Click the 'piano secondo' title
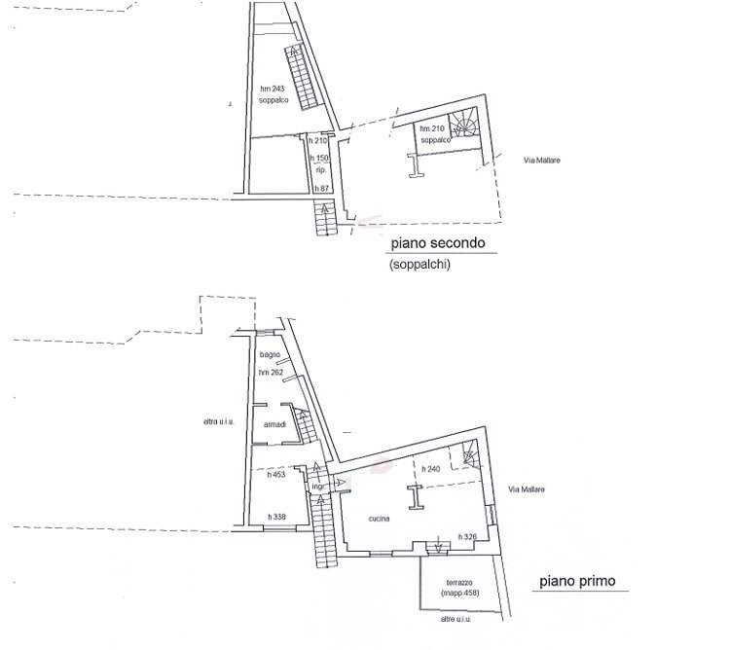click(x=437, y=243)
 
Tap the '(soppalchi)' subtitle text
click(x=420, y=265)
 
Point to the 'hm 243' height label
click(x=273, y=90)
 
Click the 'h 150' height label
click(x=317, y=159)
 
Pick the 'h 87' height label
click(x=317, y=187)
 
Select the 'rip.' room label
click(x=319, y=169)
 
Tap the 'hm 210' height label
click(x=432, y=129)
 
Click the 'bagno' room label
click(x=270, y=357)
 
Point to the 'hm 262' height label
click(x=271, y=373)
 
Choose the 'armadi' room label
click(x=273, y=425)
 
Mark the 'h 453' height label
click(x=275, y=476)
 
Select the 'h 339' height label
click(x=275, y=516)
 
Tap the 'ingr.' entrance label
click(x=317, y=486)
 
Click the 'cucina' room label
click(x=380, y=519)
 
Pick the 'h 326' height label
click(x=466, y=536)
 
